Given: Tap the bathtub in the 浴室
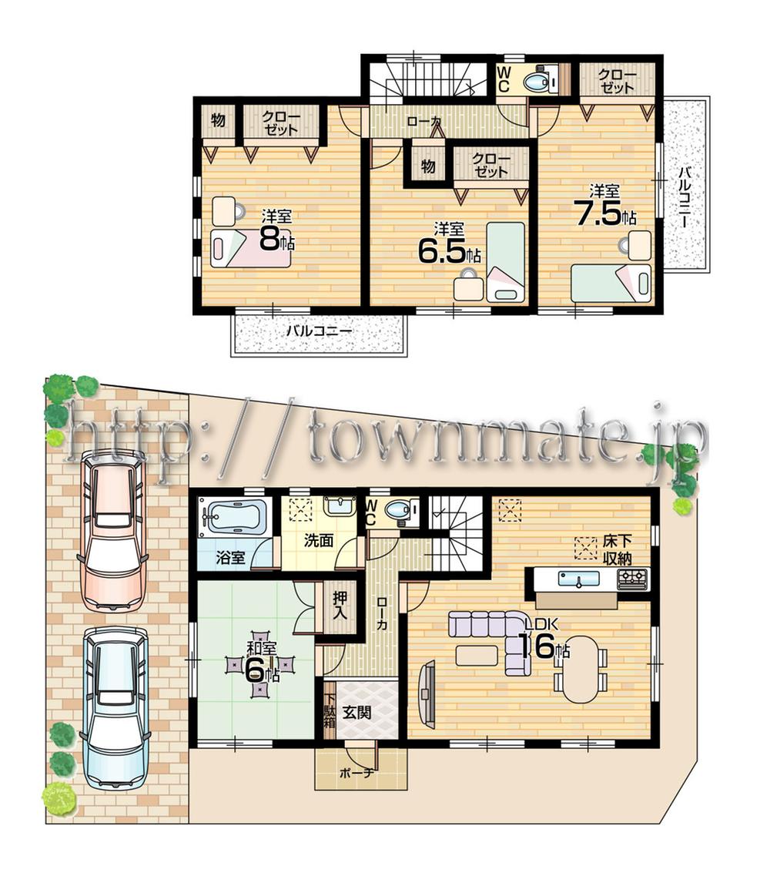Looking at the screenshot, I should (233, 515).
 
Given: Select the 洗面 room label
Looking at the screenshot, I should (318, 540).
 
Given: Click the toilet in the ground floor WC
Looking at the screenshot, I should (399, 509).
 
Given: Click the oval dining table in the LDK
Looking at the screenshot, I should (580, 668).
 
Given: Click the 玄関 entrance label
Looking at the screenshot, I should (357, 712).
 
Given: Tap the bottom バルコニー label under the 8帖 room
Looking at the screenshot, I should (319, 331).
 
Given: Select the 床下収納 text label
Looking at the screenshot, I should (617, 550).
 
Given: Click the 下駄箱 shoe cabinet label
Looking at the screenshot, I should (330, 712).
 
